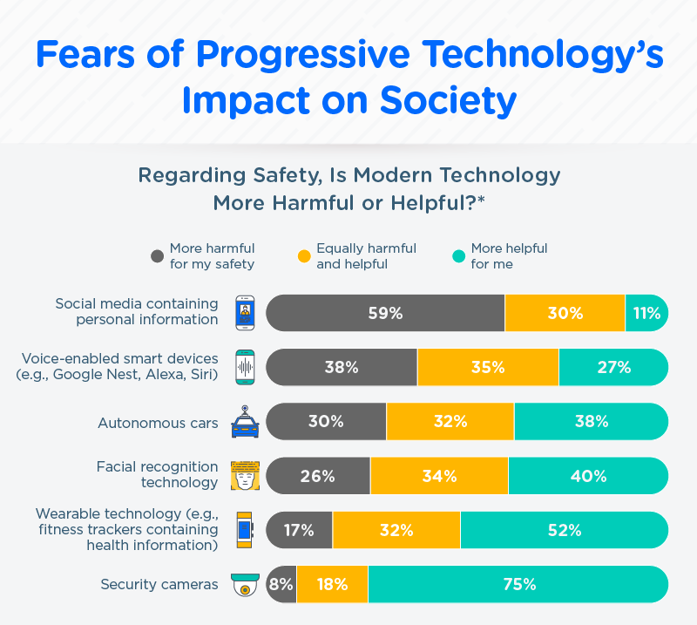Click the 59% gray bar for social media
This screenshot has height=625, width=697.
pyautogui.click(x=385, y=313)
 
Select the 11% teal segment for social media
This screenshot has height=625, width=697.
pyautogui.click(x=646, y=313)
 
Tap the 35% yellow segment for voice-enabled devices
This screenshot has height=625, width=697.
pyautogui.click(x=488, y=367)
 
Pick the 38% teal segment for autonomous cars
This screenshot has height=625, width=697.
pyautogui.click(x=591, y=421)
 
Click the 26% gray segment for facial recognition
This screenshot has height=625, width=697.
pyautogui.click(x=318, y=476)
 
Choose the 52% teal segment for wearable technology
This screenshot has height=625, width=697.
pyautogui.click(x=564, y=530)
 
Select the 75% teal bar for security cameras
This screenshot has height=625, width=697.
pyautogui.click(x=518, y=584)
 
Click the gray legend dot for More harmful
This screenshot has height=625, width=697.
pyautogui.click(x=158, y=256)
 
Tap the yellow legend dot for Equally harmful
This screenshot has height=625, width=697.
pyautogui.click(x=304, y=256)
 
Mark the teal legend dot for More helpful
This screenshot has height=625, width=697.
pyautogui.click(x=459, y=256)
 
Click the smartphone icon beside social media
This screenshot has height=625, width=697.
pyautogui.click(x=245, y=313)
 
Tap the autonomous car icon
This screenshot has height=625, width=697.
pyautogui.click(x=245, y=421)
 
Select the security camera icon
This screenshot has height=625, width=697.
pyautogui.click(x=245, y=585)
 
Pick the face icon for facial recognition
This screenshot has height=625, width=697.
pyautogui.click(x=245, y=476)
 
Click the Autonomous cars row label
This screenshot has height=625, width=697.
pyautogui.click(x=158, y=423)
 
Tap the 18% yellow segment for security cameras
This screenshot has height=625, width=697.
pyautogui.click(x=333, y=584)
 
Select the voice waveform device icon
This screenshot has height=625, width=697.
pyautogui.click(x=245, y=367)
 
